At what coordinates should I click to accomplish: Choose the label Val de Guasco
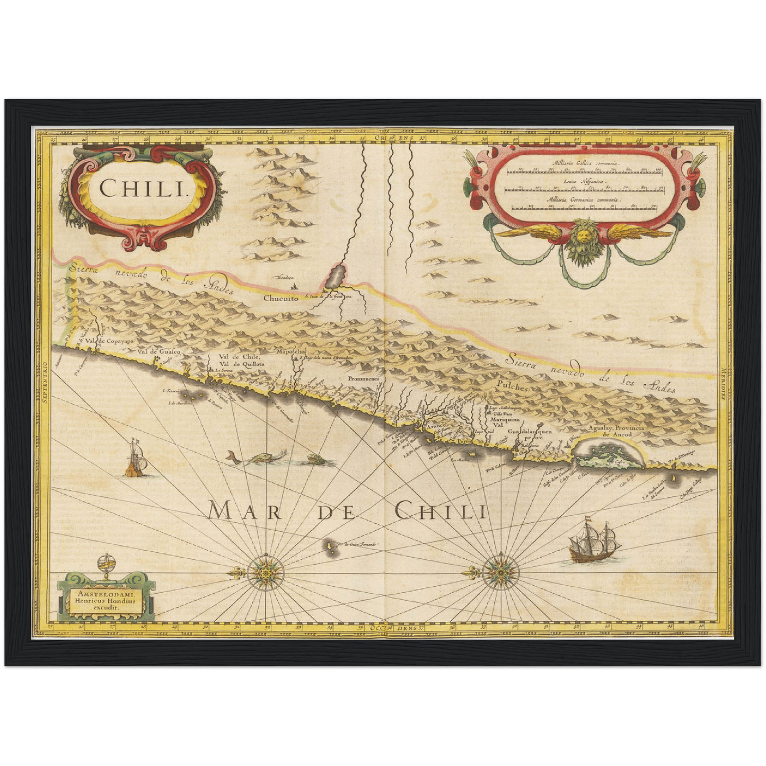pos(159,351)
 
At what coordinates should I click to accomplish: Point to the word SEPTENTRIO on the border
pos(45,381)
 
